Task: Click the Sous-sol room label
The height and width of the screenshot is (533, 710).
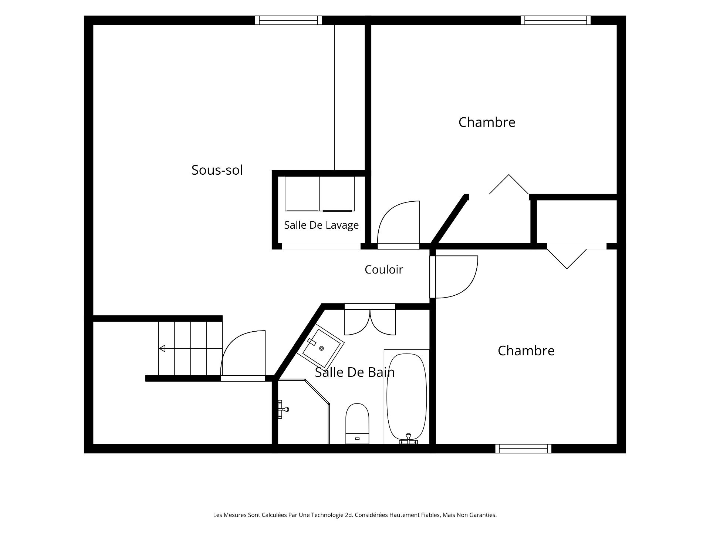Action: pos(217,170)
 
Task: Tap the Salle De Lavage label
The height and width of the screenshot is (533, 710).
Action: pos(321,225)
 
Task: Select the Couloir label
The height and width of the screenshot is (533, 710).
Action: pos(383,269)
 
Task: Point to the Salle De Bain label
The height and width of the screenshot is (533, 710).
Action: pos(355,372)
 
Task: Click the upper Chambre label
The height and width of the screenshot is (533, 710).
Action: pos(487,122)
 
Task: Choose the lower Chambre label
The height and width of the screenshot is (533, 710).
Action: pos(526,351)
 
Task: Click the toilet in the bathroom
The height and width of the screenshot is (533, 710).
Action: pos(357,423)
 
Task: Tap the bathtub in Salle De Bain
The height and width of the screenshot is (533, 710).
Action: pos(406,396)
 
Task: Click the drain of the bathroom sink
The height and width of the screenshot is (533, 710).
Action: pos(321,349)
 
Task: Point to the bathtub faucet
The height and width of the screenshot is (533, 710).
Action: pos(408,439)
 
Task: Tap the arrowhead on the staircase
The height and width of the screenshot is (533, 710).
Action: pos(162,348)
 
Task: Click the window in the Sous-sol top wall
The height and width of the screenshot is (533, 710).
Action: pos(288,20)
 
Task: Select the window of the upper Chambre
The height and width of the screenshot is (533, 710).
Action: pos(555,20)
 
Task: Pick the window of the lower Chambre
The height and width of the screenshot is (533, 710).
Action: pos(523,449)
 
